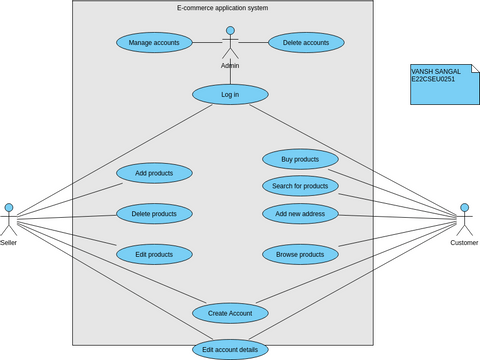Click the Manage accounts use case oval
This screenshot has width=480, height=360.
(154, 43)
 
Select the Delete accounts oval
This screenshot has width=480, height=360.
(306, 43)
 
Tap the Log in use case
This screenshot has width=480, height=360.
(230, 94)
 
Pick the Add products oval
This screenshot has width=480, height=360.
(154, 173)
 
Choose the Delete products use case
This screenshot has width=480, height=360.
(154, 213)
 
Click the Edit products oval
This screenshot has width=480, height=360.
(154, 254)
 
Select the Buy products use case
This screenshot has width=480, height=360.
(300, 159)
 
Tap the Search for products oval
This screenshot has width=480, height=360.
(300, 186)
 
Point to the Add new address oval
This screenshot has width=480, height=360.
(300, 213)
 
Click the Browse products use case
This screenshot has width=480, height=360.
(300, 254)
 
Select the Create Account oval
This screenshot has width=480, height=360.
(230, 313)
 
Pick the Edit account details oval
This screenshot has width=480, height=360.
(230, 349)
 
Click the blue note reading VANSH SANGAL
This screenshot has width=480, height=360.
(439, 84)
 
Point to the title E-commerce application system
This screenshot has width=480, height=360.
(222, 8)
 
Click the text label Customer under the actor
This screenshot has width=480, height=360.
(464, 243)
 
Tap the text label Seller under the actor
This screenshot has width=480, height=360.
(9, 243)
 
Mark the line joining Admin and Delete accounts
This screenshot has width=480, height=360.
(254, 43)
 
